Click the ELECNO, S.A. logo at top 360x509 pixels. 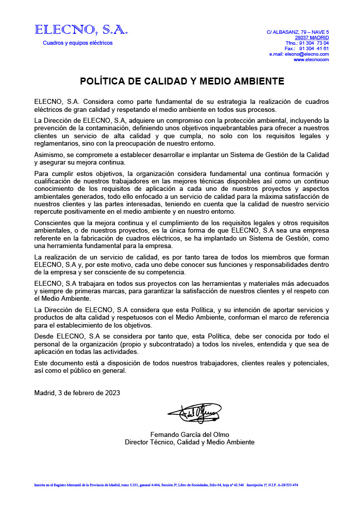(81, 30)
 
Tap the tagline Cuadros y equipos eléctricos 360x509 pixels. (78, 43)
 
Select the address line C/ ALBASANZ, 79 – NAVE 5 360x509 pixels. (297, 32)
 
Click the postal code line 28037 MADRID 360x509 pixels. (312, 38)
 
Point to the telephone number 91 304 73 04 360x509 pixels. (314, 43)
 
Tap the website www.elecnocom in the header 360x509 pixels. (311, 60)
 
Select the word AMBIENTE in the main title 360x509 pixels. (256, 81)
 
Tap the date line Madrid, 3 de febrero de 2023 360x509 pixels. (77, 393)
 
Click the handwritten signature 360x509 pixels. (194, 413)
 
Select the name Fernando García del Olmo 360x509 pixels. (189, 434)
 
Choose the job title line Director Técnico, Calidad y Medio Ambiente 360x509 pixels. (189, 442)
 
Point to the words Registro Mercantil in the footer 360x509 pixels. (67, 485)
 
